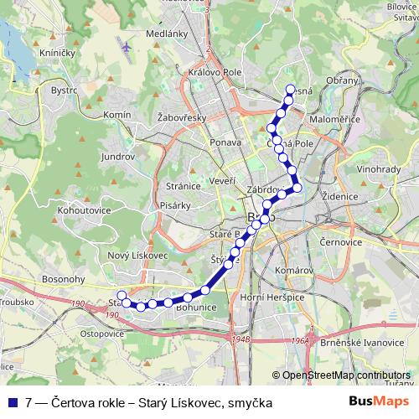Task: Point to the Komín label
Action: [x=116, y=113]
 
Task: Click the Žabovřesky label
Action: [x=182, y=118]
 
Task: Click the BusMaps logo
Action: [x=379, y=402]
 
